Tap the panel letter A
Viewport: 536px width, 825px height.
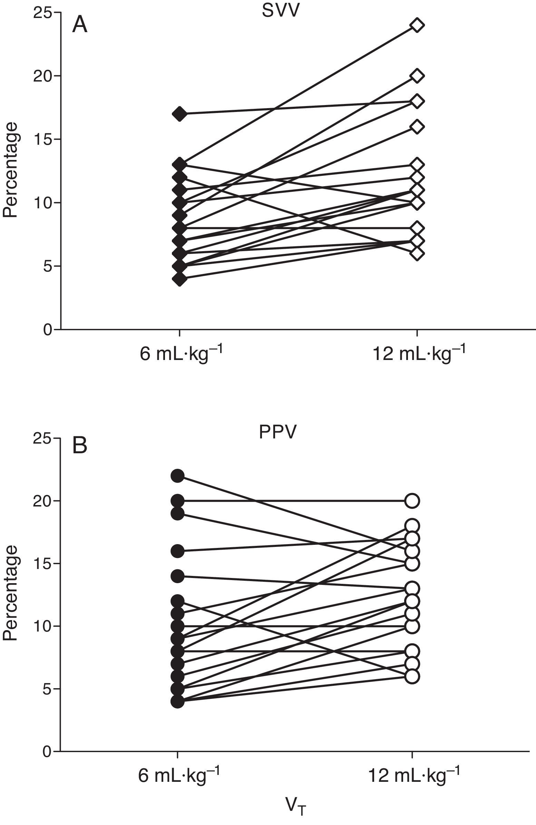pyautogui.click(x=80, y=25)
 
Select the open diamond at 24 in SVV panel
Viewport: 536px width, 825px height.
pyautogui.click(x=417, y=25)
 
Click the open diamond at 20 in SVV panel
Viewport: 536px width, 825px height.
pyautogui.click(x=417, y=76)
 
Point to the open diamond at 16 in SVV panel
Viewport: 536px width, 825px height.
pyautogui.click(x=417, y=126)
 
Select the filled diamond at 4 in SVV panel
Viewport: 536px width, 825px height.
pyautogui.click(x=179, y=278)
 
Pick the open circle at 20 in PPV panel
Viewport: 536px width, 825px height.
pyautogui.click(x=412, y=501)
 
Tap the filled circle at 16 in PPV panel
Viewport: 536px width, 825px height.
pyautogui.click(x=178, y=551)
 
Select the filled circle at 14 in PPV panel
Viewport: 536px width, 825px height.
pyautogui.click(x=178, y=576)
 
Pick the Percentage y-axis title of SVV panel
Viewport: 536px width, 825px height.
pyautogui.click(x=10, y=170)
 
